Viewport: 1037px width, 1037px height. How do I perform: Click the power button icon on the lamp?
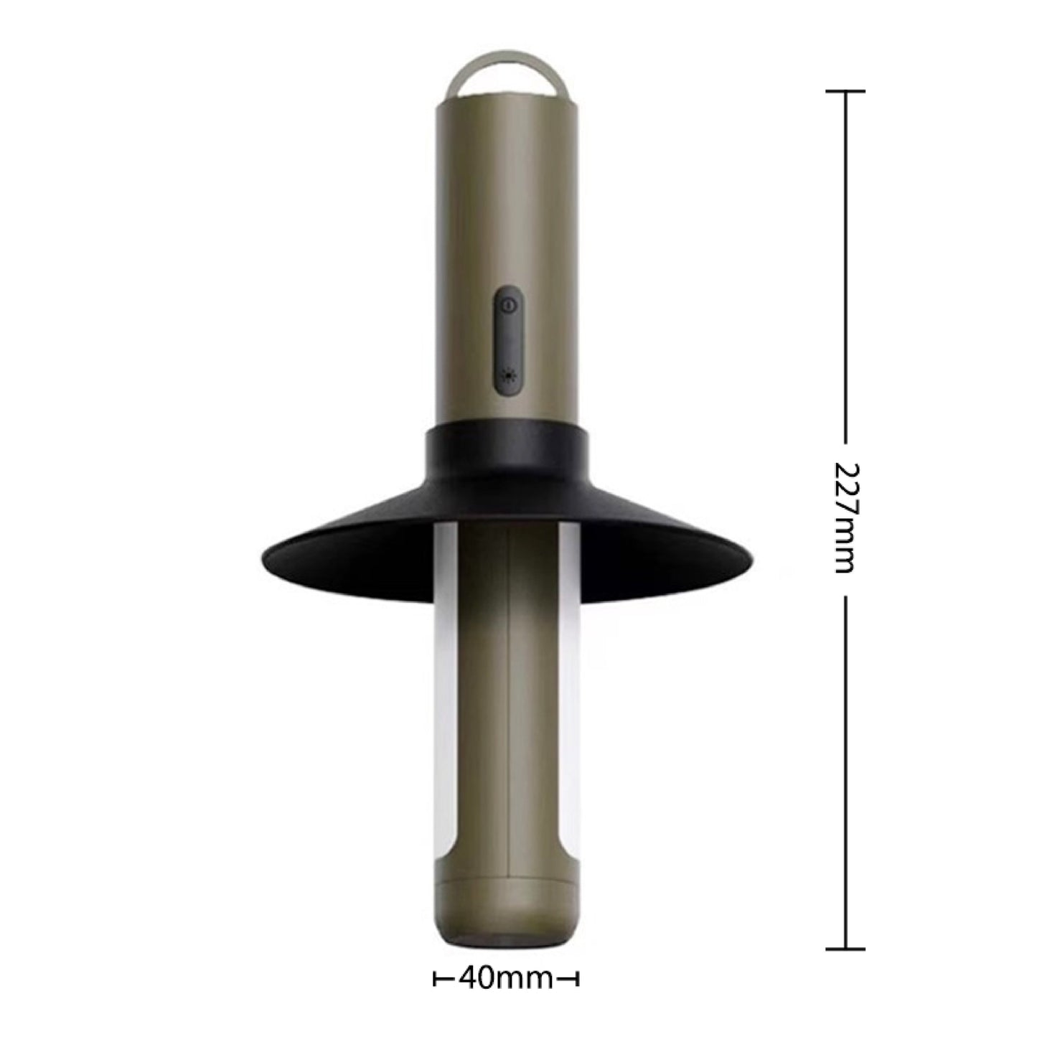tap(508, 306)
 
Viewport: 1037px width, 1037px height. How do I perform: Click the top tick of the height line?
tap(845, 92)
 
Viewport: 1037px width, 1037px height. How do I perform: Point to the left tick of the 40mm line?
tap(435, 977)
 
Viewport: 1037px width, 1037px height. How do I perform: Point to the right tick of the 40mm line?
tap(577, 977)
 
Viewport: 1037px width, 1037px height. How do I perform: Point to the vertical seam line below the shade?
tap(508, 718)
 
